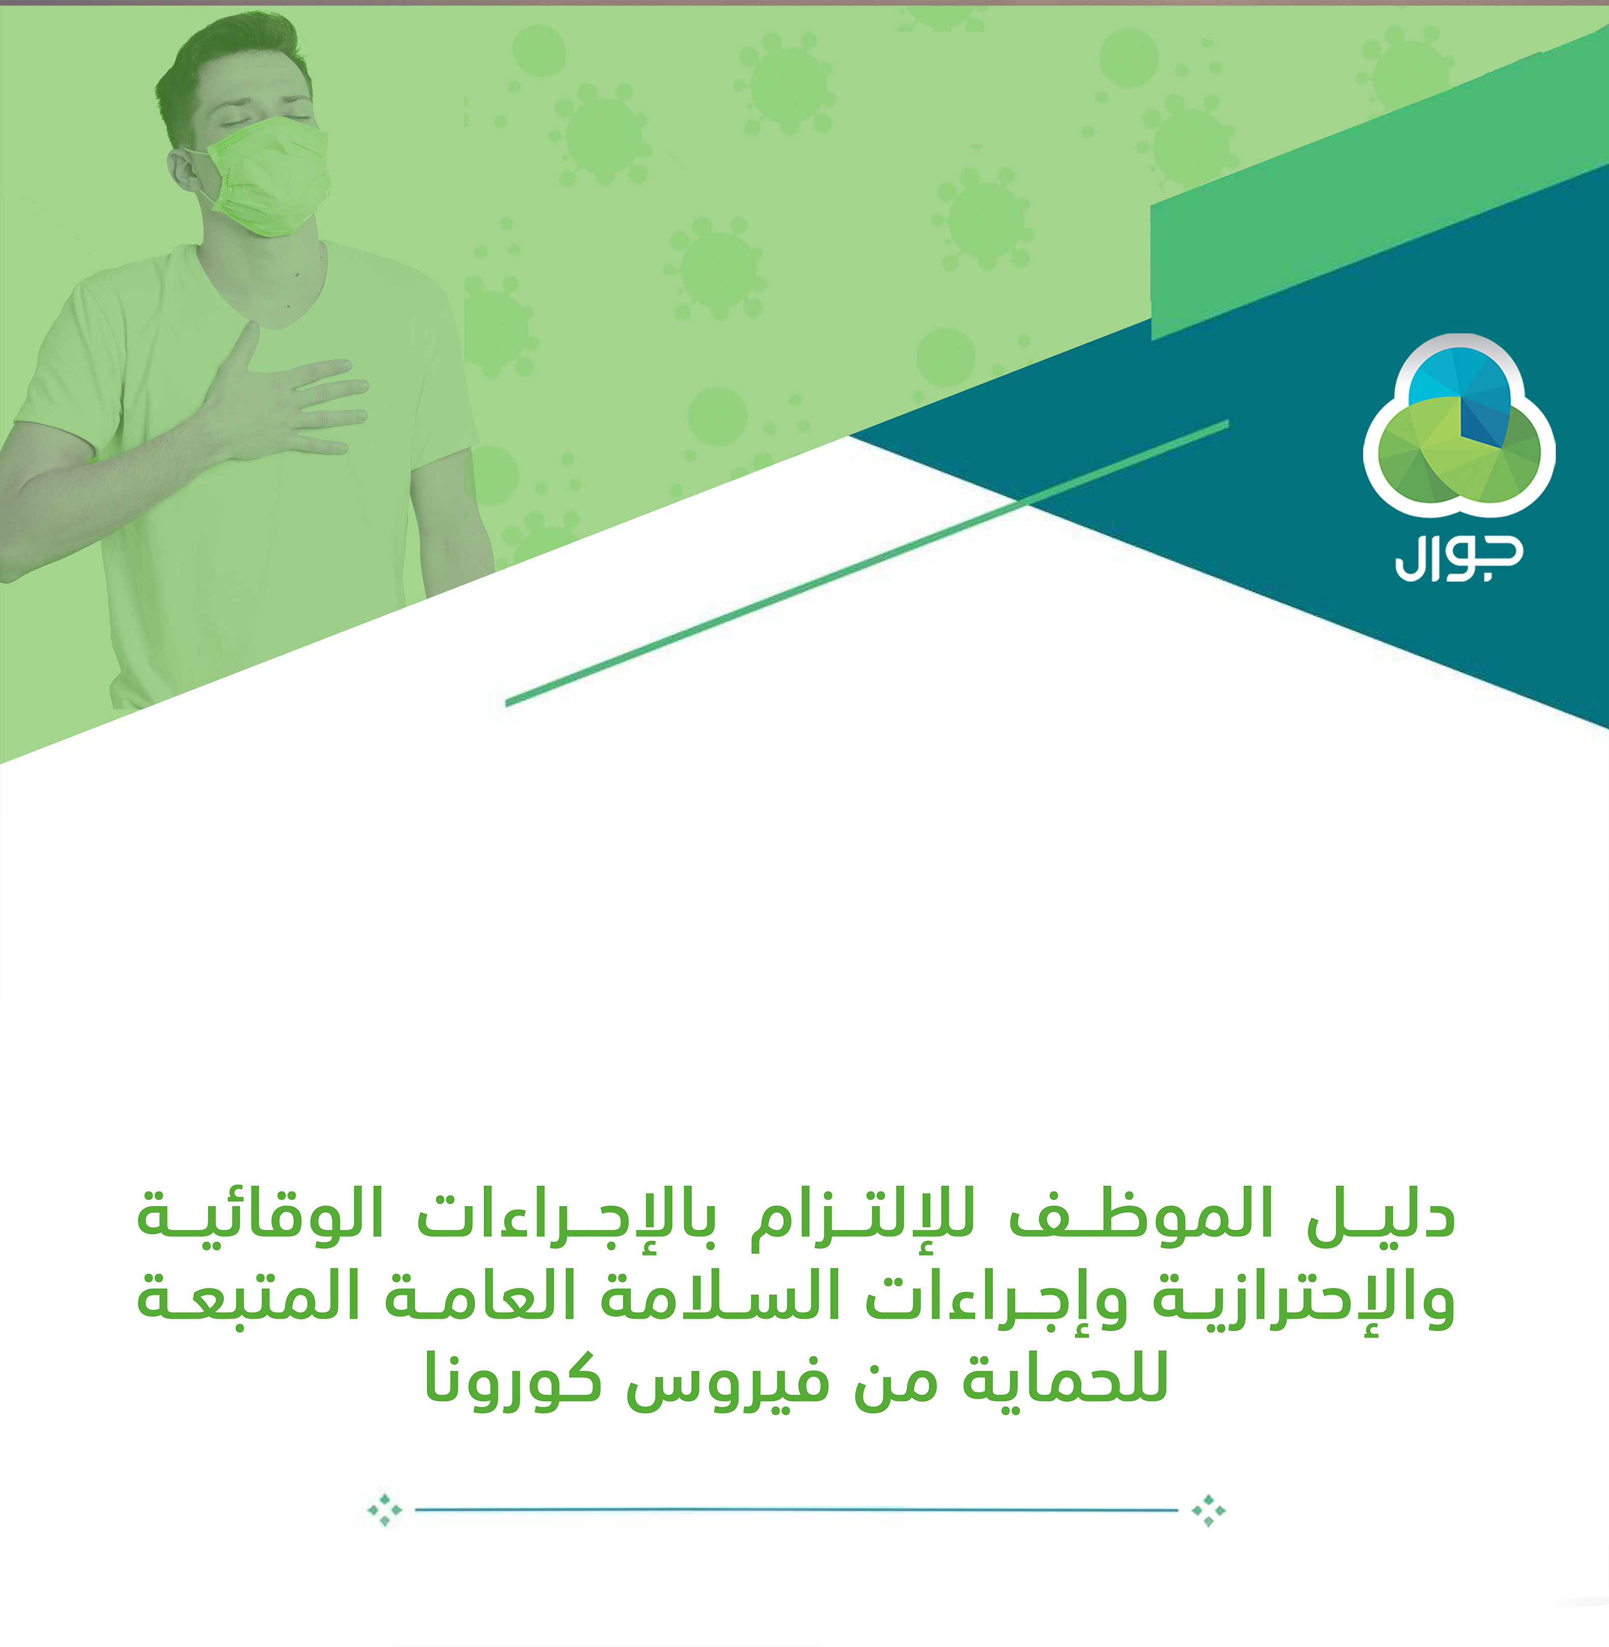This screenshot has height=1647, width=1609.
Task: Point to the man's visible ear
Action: [181, 169]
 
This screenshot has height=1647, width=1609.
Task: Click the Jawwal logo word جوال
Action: [1458, 558]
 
